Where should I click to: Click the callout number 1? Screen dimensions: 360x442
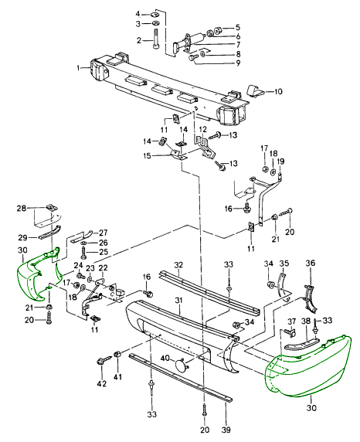coord(79,68)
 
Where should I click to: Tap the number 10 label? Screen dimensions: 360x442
coord(278,92)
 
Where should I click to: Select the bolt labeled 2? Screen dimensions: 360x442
coord(157,39)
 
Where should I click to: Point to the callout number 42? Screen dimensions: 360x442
coord(102,383)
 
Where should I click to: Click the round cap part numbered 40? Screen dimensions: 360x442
coord(180,365)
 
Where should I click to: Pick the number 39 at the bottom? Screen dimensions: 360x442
coord(226,430)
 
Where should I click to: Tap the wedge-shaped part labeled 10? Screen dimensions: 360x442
coord(255,90)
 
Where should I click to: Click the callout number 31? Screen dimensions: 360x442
coord(178,301)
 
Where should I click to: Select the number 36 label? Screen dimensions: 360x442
coord(310,263)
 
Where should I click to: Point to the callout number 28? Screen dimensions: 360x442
coord(22,208)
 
